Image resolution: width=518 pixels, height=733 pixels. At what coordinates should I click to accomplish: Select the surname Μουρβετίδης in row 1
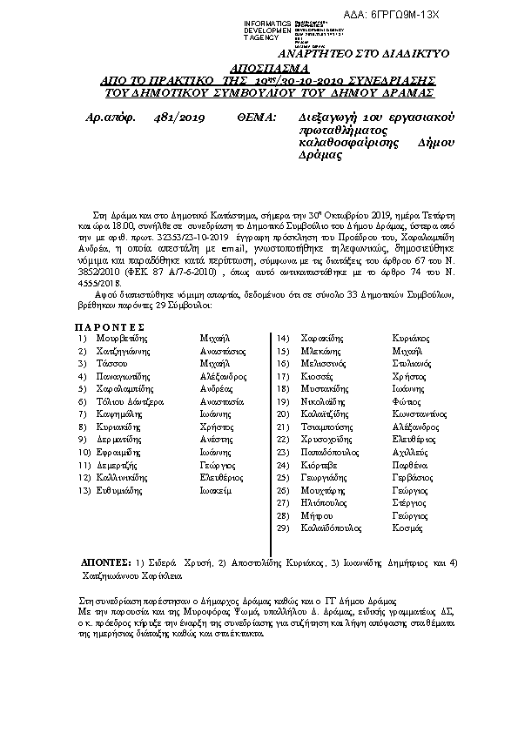(116, 336)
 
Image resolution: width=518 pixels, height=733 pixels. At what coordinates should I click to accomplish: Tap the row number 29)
(282, 528)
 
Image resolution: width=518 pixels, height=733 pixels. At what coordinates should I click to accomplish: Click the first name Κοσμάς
(407, 528)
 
